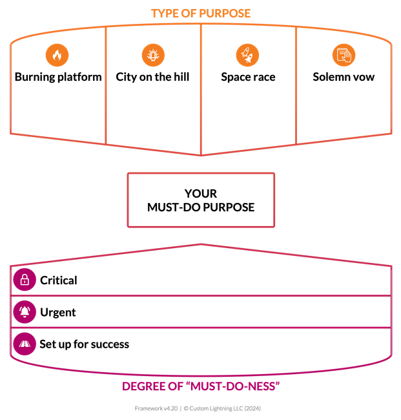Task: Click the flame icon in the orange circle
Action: [x=57, y=55]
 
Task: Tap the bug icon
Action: [x=153, y=55]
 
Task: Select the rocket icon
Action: [x=247, y=55]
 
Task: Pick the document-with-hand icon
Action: [x=344, y=55]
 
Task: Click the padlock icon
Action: [x=25, y=279]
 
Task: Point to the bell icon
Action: [x=25, y=311]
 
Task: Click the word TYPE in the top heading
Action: [x=164, y=13]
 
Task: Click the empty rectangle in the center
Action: [x=200, y=199]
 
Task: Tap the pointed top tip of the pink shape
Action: [x=201, y=244]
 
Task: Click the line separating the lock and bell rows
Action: [x=200, y=297]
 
